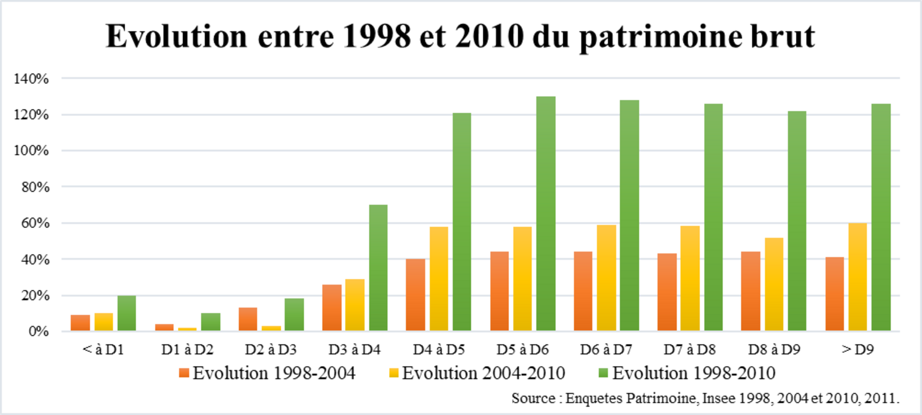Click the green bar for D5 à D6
click(546, 214)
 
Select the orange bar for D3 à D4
click(332, 308)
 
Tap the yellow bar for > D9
click(857, 277)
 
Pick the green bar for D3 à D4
click(378, 268)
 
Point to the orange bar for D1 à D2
click(164, 327)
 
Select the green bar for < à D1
click(127, 313)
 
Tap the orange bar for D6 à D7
click(583, 291)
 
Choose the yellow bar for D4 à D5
click(439, 279)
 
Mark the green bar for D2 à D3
click(294, 314)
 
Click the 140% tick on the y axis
click(31, 78)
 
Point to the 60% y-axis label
click(35, 223)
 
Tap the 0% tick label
click(39, 332)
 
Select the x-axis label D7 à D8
click(689, 350)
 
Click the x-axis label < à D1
click(103, 350)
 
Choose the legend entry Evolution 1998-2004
click(274, 373)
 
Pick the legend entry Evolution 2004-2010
click(483, 373)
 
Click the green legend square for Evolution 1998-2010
click(603, 373)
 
